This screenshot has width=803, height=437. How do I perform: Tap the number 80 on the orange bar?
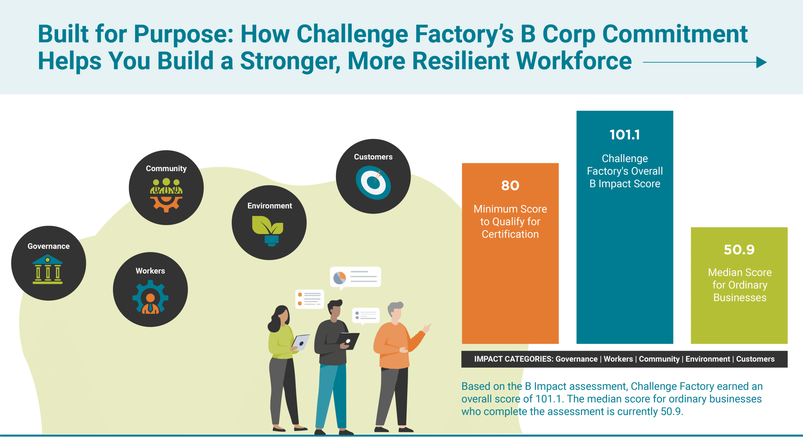click(510, 186)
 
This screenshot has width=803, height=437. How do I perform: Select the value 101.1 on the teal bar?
click(625, 135)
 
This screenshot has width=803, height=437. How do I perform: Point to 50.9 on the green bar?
click(739, 250)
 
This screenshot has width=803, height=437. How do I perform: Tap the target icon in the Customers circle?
click(373, 183)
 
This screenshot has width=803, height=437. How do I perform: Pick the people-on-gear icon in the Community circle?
click(166, 194)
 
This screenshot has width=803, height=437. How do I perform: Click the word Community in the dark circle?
click(166, 169)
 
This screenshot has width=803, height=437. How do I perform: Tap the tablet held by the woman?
click(300, 342)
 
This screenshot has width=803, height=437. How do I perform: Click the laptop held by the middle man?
click(348, 340)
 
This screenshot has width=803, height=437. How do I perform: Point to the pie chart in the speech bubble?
click(339, 277)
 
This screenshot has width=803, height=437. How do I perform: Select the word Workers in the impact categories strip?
click(618, 359)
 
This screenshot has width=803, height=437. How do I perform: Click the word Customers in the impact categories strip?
click(755, 359)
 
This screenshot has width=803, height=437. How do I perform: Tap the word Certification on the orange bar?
click(510, 234)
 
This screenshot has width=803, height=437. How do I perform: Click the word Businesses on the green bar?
click(740, 297)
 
